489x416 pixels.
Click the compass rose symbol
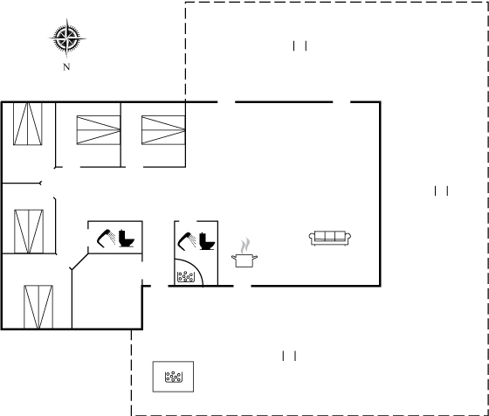66,38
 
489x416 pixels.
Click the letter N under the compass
66,66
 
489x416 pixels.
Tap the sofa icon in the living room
330,238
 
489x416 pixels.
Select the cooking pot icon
244,260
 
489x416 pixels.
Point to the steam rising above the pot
245,246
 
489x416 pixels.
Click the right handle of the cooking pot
255,257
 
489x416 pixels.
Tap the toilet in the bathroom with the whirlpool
207,241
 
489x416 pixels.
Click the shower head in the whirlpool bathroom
186,240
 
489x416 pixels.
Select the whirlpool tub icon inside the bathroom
186,276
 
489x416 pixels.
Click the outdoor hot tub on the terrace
173,377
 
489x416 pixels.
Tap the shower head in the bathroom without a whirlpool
106,239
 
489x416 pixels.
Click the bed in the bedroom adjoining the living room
163,130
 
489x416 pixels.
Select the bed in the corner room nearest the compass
28,123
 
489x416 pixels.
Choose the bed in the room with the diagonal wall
38,307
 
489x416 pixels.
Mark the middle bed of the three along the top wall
99,130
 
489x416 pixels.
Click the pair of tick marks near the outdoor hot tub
289,356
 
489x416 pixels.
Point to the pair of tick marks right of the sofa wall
441,191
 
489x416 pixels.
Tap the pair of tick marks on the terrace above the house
300,45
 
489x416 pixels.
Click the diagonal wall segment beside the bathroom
79,261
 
